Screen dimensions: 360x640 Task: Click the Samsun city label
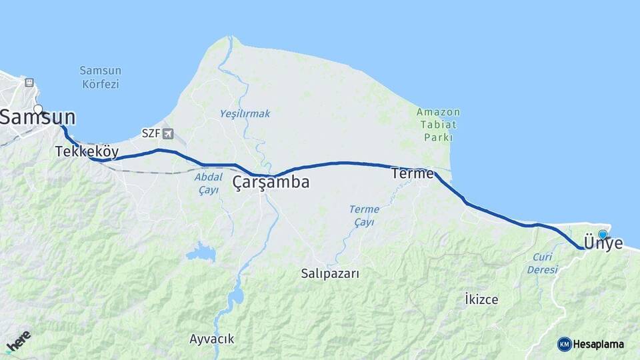click(37, 119)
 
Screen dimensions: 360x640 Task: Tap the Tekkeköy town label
click(87, 152)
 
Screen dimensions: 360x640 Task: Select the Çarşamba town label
click(271, 182)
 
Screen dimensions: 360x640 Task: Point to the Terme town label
click(412, 173)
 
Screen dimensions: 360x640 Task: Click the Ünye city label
click(603, 243)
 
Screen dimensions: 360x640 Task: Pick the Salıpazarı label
click(330, 273)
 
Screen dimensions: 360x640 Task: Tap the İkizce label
click(481, 299)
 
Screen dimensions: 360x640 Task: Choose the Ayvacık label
click(211, 339)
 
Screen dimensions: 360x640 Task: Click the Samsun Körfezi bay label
click(99, 77)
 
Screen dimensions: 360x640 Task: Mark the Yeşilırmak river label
click(245, 114)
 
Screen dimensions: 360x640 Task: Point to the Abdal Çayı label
click(209, 183)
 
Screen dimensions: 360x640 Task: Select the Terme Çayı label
click(364, 215)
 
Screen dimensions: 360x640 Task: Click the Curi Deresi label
click(542, 263)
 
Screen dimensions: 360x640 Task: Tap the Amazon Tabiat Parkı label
click(438, 124)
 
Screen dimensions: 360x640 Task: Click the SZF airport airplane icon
click(167, 133)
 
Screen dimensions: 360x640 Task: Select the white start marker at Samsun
click(38, 110)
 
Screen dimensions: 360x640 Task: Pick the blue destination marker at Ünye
click(603, 235)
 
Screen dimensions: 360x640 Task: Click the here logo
click(17, 341)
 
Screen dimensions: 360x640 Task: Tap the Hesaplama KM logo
click(591, 344)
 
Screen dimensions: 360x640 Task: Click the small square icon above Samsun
click(29, 83)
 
